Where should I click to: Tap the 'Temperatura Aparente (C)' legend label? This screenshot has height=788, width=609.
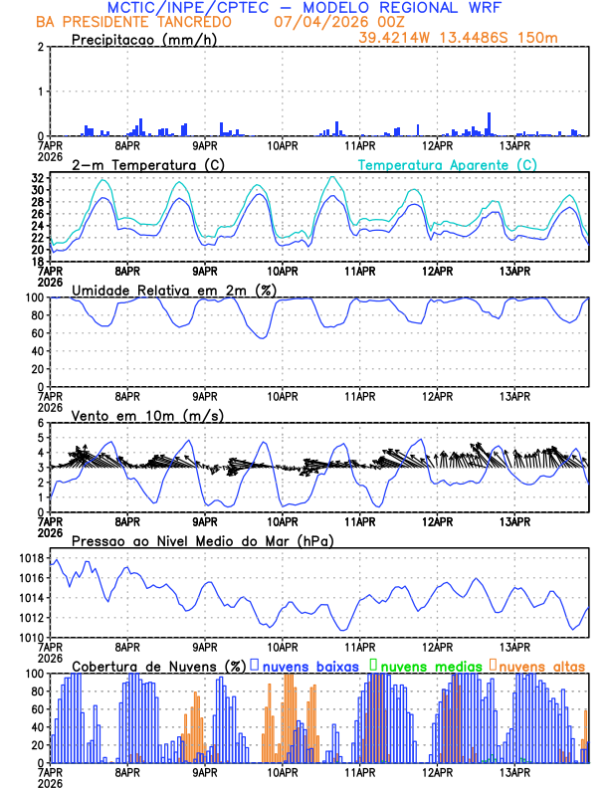[x=448, y=164]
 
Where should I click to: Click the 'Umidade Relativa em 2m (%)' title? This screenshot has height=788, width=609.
[x=174, y=290]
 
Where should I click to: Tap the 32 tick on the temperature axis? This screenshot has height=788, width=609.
[x=36, y=177]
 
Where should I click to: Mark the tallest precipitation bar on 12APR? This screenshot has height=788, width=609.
[x=489, y=123]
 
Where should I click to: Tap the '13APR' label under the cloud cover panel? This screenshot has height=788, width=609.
[x=513, y=772]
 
